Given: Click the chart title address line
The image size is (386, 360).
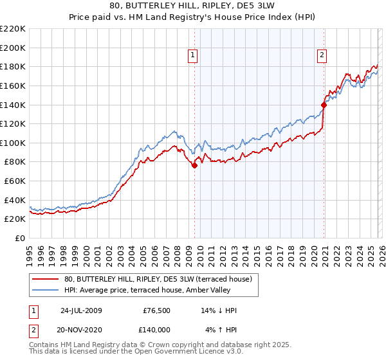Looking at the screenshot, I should (x=193, y=6).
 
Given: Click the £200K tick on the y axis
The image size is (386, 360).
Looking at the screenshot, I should (x=13, y=48).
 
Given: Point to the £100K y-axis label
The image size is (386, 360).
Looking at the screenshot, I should (x=13, y=143).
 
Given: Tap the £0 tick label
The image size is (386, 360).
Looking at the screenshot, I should (x=21, y=239).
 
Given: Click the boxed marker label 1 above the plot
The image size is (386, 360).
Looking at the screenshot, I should (x=194, y=56).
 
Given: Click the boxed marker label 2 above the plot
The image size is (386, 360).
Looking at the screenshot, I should (x=321, y=56).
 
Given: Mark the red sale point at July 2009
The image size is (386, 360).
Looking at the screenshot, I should (x=194, y=165).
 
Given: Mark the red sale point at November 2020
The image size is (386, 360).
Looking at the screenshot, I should (x=324, y=105).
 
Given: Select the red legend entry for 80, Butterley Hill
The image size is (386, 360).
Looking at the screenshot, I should (x=161, y=278).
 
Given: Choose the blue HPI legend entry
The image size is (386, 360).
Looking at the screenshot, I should (x=161, y=289).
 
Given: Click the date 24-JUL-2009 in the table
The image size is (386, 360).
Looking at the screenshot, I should (x=83, y=310).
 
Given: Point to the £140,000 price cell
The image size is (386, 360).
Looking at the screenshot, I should (x=156, y=329).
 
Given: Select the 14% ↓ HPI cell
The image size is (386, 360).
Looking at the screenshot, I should (x=219, y=310).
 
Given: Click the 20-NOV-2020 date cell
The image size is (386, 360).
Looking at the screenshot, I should (x=83, y=329).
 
